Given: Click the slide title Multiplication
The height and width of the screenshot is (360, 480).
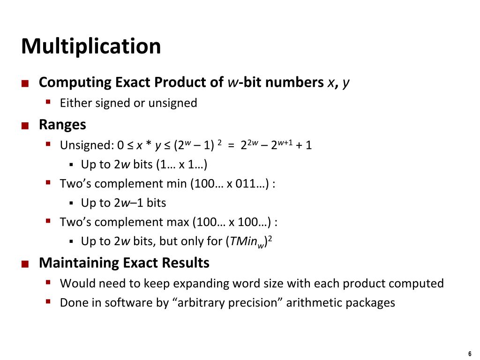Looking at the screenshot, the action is (91, 46).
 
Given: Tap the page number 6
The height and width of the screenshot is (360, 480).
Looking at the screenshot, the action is (469, 353).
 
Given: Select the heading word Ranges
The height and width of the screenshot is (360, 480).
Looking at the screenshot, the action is (62, 125).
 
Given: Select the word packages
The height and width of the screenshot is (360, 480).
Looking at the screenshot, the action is (370, 303).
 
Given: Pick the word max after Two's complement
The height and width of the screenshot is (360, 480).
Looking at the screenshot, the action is (178, 222).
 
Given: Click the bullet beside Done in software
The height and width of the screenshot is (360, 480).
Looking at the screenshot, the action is (48, 302).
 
